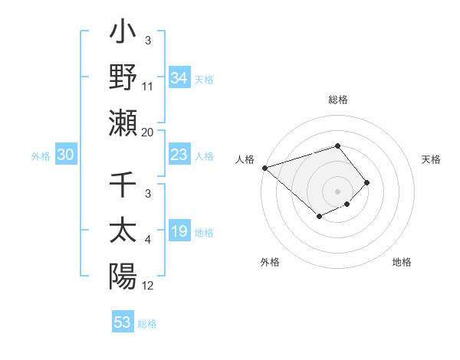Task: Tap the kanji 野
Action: pyautogui.click(x=123, y=79)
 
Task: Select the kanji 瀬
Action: pyautogui.click(x=123, y=123)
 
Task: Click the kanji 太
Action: pyautogui.click(x=123, y=232)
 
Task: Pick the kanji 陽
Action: pyautogui.click(x=123, y=276)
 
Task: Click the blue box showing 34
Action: pyautogui.click(x=179, y=77)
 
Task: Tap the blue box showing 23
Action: pyautogui.click(x=179, y=155)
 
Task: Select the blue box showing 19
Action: pyautogui.click(x=179, y=232)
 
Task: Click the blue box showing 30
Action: pyautogui.click(x=66, y=155)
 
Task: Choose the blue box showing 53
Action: pyautogui.click(x=122, y=322)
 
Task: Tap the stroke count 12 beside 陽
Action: pyautogui.click(x=148, y=286)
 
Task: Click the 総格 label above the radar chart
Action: pyautogui.click(x=338, y=100)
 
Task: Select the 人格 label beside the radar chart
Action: pyautogui.click(x=245, y=159)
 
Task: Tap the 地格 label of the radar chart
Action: pyautogui.click(x=402, y=262)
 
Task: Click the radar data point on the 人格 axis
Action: pyautogui.click(x=264, y=168)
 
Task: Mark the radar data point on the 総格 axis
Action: pyautogui.click(x=338, y=146)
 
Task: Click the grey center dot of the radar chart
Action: pyautogui.click(x=338, y=191)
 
